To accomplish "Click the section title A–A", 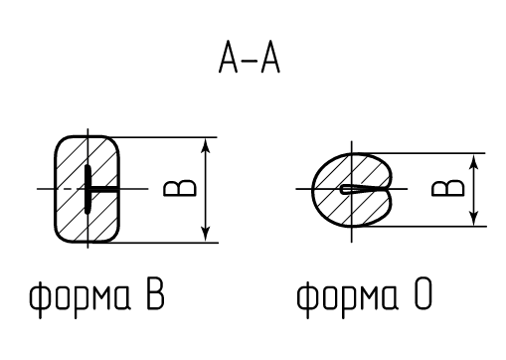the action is click(x=250, y=57).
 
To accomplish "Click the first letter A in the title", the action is click(x=229, y=57).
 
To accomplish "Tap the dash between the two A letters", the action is click(x=250, y=61).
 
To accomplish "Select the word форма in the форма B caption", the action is click(x=80, y=295).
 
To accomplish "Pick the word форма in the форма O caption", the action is click(x=347, y=295).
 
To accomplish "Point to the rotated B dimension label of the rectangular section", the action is click(x=180, y=188).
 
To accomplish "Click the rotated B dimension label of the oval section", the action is click(x=448, y=188).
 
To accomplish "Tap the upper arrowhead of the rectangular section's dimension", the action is click(x=206, y=146).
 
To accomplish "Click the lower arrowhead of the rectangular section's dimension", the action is click(x=206, y=234).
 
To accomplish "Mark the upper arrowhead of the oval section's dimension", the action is click(x=474, y=162).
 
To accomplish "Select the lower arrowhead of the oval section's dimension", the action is click(x=474, y=218).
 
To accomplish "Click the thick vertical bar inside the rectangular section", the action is click(x=87, y=189).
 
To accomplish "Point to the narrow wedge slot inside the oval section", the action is click(x=361, y=189).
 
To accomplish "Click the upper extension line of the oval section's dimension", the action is click(x=419, y=153).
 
